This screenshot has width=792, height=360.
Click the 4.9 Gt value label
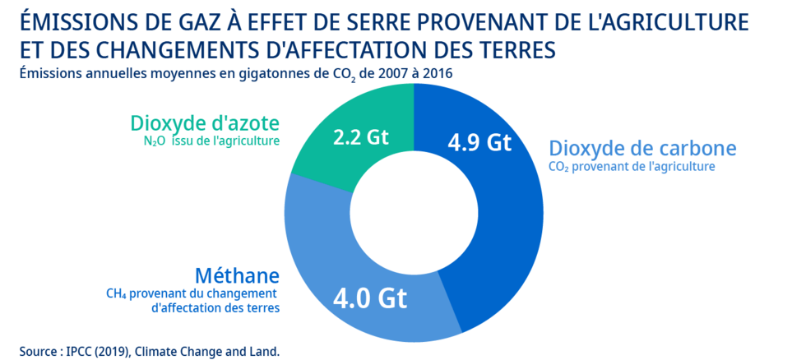(479, 143)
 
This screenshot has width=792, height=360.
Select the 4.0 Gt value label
(370, 298)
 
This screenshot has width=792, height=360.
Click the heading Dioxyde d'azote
(204, 123)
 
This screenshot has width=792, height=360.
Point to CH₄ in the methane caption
(117, 293)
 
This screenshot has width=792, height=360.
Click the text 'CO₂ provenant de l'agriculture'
(632, 167)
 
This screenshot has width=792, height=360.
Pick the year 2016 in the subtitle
(435, 73)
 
